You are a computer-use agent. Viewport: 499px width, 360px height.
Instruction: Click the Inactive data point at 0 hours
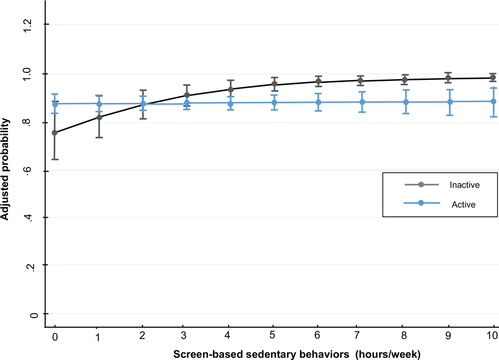click(x=55, y=133)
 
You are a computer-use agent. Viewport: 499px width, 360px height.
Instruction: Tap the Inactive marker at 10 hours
click(x=493, y=78)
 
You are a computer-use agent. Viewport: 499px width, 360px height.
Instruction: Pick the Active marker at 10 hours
click(x=493, y=101)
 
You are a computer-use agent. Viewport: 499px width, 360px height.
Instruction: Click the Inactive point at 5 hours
click(x=274, y=84)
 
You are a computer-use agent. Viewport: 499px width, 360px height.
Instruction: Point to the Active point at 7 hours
click(x=362, y=102)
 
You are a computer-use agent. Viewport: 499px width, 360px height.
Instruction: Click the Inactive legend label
click(x=464, y=185)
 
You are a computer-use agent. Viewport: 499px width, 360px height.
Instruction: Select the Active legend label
click(x=464, y=204)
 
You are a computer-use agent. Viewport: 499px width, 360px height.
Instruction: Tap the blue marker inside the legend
click(x=421, y=203)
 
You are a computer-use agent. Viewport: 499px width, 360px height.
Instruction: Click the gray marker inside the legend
click(x=421, y=185)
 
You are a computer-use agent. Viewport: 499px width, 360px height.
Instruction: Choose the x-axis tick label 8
click(x=405, y=336)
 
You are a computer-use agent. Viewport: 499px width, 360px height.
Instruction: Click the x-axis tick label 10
click(x=493, y=336)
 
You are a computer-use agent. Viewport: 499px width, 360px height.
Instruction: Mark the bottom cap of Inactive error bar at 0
click(x=55, y=159)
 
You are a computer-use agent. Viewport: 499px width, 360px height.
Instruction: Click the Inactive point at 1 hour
click(x=99, y=117)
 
